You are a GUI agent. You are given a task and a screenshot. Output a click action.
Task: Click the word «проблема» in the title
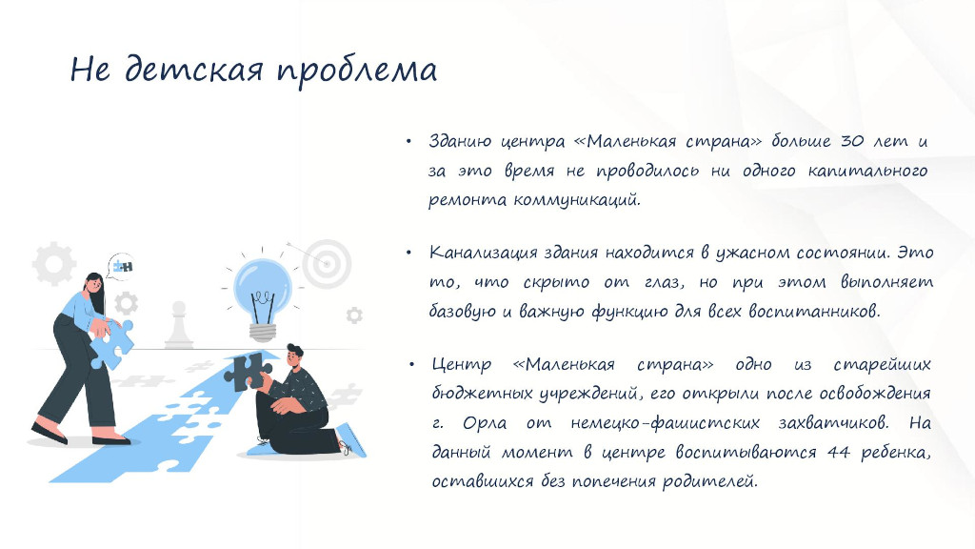[357, 71]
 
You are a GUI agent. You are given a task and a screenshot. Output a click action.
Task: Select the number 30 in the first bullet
[852, 141]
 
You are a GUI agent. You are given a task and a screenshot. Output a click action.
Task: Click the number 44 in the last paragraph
[838, 453]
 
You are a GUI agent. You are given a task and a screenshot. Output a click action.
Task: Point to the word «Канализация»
[483, 253]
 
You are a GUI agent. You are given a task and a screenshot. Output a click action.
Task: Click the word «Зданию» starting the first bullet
[460, 141]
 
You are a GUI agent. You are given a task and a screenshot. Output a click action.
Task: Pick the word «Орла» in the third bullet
[484, 423]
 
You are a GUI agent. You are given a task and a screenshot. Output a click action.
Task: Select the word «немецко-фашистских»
[665, 423]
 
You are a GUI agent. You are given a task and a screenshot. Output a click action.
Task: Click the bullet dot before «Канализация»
[408, 253]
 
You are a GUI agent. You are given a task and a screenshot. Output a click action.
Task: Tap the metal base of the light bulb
[263, 333]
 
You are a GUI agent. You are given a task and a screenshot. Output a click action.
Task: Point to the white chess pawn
[178, 324]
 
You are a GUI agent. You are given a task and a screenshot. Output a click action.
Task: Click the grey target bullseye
[327, 264]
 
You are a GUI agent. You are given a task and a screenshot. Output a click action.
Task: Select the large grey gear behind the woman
[54, 263]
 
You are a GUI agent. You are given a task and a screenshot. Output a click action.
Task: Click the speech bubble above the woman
[121, 267]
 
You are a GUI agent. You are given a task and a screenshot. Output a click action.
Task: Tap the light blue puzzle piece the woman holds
[112, 343]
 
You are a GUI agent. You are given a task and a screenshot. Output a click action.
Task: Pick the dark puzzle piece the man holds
[248, 373]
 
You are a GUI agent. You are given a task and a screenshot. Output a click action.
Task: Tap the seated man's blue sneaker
[351, 440]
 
